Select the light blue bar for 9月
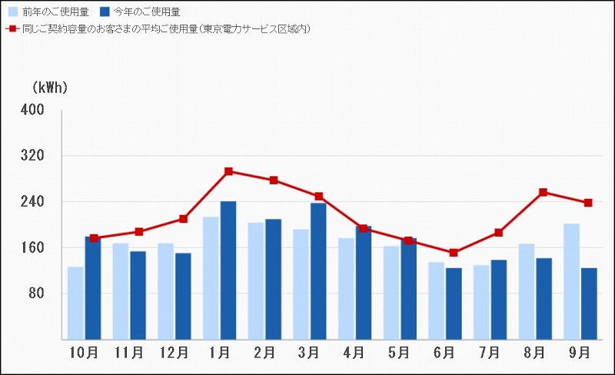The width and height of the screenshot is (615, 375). click(x=571, y=281)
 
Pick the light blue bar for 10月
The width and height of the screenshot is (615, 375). click(x=75, y=303)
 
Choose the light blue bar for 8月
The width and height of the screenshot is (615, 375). click(x=526, y=291)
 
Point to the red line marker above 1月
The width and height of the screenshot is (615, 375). click(x=228, y=171)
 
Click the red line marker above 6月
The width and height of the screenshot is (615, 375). click(x=454, y=253)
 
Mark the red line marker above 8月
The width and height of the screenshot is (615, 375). click(x=543, y=192)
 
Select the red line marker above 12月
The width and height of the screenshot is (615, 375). click(x=184, y=219)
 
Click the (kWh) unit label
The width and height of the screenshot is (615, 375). click(x=49, y=88)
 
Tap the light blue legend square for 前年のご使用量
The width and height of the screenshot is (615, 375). click(x=13, y=12)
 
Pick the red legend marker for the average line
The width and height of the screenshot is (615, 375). click(x=12, y=28)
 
